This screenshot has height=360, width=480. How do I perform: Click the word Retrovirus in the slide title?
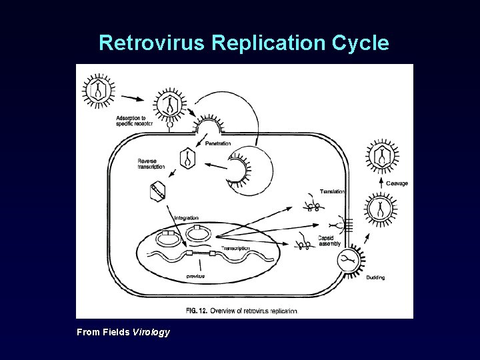pyautogui.click(x=153, y=43)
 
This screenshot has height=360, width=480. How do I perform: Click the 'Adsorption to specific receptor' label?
pyautogui.click(x=133, y=121)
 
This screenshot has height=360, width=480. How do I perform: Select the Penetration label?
pyautogui.click(x=218, y=143)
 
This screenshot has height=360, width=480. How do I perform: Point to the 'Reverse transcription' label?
pyautogui.click(x=151, y=163)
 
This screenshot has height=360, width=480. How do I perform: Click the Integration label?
pyautogui.click(x=186, y=218)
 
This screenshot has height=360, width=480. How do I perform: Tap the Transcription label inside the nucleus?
pyautogui.click(x=235, y=248)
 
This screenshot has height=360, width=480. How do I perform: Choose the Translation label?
pyautogui.click(x=332, y=191)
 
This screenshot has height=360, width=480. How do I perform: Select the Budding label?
pyautogui.click(x=375, y=277)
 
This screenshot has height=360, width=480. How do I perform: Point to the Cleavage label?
pyautogui.click(x=397, y=183)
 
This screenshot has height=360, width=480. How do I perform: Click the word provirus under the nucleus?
pyautogui.click(x=195, y=275)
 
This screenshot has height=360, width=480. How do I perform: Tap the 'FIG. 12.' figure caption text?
pyautogui.click(x=200, y=311)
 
